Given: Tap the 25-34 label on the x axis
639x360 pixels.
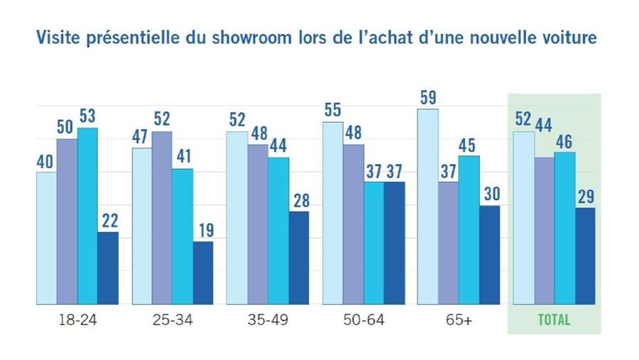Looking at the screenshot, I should click(173, 320).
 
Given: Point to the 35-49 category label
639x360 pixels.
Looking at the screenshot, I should click(268, 320).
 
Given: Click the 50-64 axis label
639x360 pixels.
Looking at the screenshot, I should click(363, 320).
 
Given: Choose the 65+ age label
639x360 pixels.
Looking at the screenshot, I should click(459, 320).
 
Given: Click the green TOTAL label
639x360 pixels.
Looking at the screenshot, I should click(554, 320).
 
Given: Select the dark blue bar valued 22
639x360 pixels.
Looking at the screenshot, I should click(107, 268).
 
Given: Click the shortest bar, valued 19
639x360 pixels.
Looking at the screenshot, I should click(202, 273).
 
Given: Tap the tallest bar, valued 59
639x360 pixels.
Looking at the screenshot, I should click(428, 206).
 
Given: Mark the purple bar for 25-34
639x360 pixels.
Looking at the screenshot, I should click(162, 217).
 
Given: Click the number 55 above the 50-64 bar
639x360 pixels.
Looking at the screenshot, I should click(333, 110).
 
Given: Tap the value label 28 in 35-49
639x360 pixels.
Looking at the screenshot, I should click(298, 200).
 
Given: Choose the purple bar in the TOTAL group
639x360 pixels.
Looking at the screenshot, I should click(544, 231).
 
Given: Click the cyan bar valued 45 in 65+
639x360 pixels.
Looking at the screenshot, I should click(469, 229).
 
